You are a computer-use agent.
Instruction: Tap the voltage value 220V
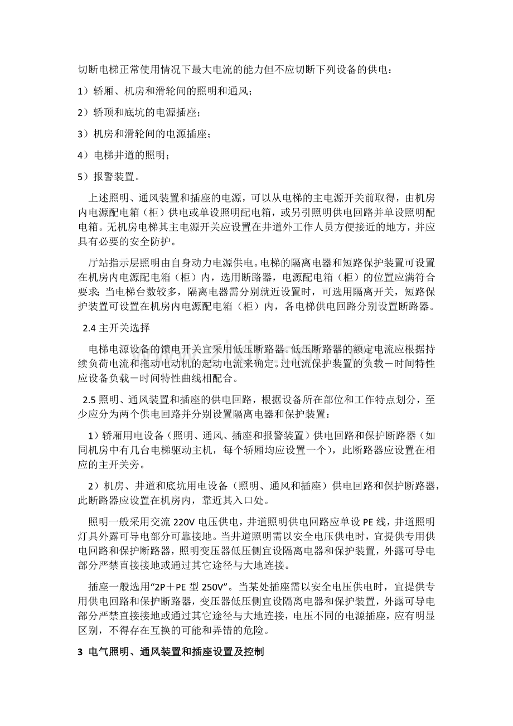pyautogui.click(x=185, y=522)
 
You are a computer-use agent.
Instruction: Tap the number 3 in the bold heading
pyautogui.click(x=79, y=651)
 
